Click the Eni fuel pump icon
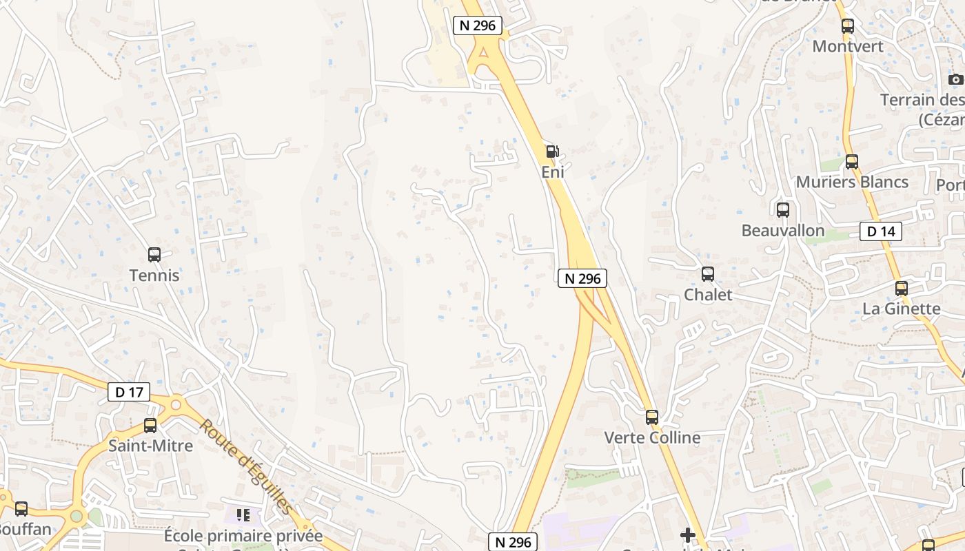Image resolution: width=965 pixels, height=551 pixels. (x=552, y=152)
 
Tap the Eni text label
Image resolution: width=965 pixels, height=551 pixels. (x=552, y=172)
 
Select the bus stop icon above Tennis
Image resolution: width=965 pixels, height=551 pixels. (x=154, y=255)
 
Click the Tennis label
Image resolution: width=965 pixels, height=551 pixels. (x=154, y=275)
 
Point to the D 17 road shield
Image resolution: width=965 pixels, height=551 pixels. (x=129, y=393)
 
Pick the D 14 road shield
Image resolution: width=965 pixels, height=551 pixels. (x=881, y=231)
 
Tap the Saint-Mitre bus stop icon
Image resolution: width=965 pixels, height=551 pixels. (x=150, y=426)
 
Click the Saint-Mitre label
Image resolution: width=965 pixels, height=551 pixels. (x=150, y=446)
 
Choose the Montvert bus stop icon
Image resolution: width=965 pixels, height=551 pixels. (x=848, y=26)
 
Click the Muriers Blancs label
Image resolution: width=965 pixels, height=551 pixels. (x=852, y=183)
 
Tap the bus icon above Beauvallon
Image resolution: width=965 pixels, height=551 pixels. (x=783, y=210)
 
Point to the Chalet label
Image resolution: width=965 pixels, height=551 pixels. (x=708, y=295)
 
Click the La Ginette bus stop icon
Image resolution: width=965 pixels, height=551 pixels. (x=902, y=289)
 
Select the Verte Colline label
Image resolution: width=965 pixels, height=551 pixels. (x=652, y=438)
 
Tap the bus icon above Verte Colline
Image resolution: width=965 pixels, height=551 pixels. (x=652, y=417)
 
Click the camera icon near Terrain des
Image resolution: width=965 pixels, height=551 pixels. (x=955, y=79)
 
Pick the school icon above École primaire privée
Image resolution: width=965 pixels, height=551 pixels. (x=243, y=515)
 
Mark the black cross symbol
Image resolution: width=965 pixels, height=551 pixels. (x=687, y=534)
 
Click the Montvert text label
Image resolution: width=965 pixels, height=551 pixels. (x=848, y=46)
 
